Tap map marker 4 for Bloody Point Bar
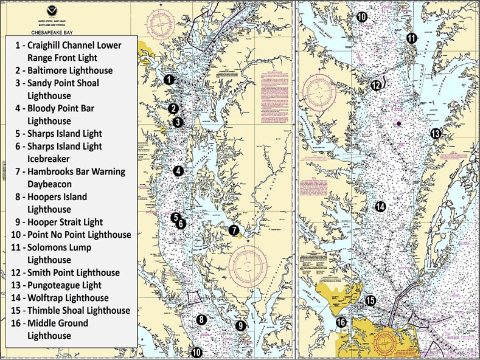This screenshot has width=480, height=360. point(178,171)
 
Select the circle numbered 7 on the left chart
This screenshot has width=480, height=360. point(234,230)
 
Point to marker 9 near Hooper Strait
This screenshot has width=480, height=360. point(240,326)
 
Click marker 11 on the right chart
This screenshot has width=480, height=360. point(412,38)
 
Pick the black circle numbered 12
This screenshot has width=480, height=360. point(377,85)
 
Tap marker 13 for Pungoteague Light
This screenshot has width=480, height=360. point(435,133)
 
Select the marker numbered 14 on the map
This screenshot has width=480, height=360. point(380,207)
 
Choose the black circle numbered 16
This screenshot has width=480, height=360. point(341,322)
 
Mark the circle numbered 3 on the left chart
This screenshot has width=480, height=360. point(178,122)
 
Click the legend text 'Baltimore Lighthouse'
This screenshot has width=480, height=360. point(72,71)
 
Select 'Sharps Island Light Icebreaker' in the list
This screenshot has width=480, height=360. point(64,152)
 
